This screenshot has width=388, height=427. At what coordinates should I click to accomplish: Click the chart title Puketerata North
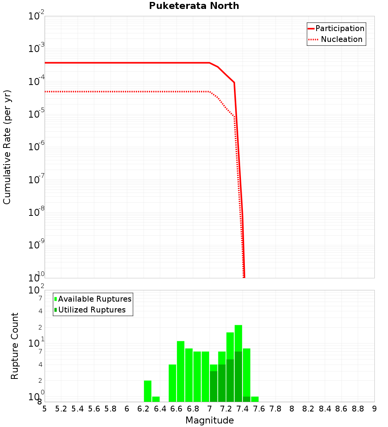(194, 6)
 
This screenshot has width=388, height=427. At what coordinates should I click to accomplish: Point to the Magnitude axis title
(210, 420)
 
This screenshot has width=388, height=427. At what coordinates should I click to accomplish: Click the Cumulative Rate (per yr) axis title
(7, 147)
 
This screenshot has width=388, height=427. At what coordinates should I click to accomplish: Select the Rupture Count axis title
(15, 346)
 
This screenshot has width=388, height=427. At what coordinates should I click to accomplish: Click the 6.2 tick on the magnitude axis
(144, 409)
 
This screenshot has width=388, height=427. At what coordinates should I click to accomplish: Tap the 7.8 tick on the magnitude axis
(275, 409)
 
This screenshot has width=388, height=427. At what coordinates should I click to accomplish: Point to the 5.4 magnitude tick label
(78, 409)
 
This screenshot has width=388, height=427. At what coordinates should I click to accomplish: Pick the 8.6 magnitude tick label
(341, 409)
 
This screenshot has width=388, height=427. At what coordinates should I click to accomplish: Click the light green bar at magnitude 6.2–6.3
(147, 391)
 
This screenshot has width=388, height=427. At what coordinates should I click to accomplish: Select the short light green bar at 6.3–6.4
(156, 399)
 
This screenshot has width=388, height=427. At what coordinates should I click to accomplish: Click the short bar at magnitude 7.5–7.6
(255, 399)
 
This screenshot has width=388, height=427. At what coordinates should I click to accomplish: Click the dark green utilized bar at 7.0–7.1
(213, 387)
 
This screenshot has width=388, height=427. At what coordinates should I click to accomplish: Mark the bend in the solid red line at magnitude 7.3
(234, 82)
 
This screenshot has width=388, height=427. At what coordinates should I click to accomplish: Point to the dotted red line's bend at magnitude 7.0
(210, 92)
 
